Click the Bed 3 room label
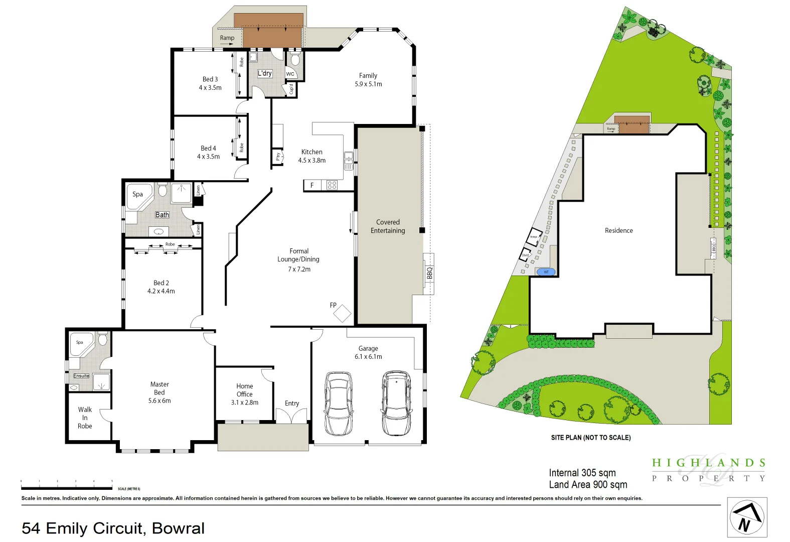210,79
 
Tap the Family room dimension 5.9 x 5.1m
368,84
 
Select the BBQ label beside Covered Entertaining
429,274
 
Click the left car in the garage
338,403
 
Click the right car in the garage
397,403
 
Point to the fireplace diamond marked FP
343,314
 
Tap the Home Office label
245,390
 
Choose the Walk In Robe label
85,418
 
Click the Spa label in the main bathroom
137,194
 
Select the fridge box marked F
312,186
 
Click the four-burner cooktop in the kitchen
332,185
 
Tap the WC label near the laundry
290,74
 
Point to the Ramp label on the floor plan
227,38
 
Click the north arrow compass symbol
747,517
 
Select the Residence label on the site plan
618,231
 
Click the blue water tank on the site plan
546,272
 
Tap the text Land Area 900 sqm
588,485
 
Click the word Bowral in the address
178,528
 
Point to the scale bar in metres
67,487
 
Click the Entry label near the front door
292,403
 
